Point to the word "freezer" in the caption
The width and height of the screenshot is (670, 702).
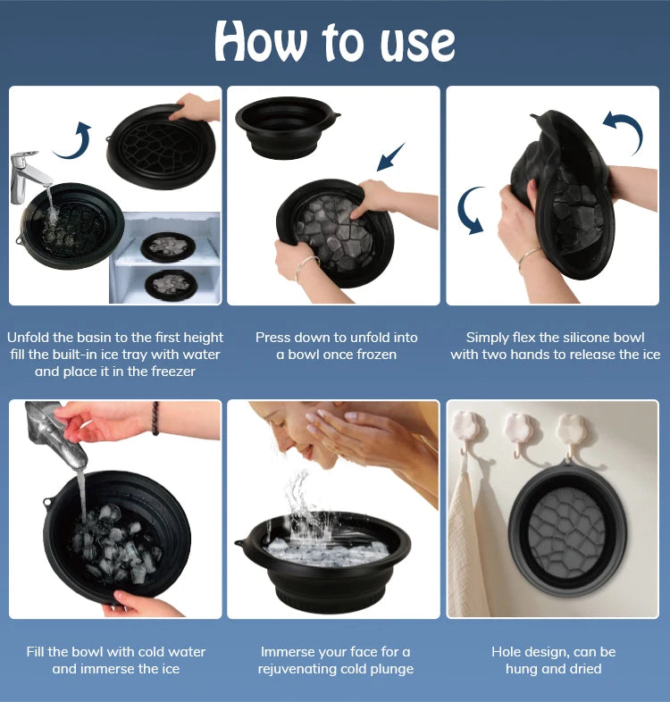(x=164, y=371)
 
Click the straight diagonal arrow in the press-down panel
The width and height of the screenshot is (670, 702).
(x=390, y=156)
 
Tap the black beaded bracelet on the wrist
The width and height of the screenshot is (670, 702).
(x=155, y=418)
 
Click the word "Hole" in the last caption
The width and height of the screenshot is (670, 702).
(x=508, y=652)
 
